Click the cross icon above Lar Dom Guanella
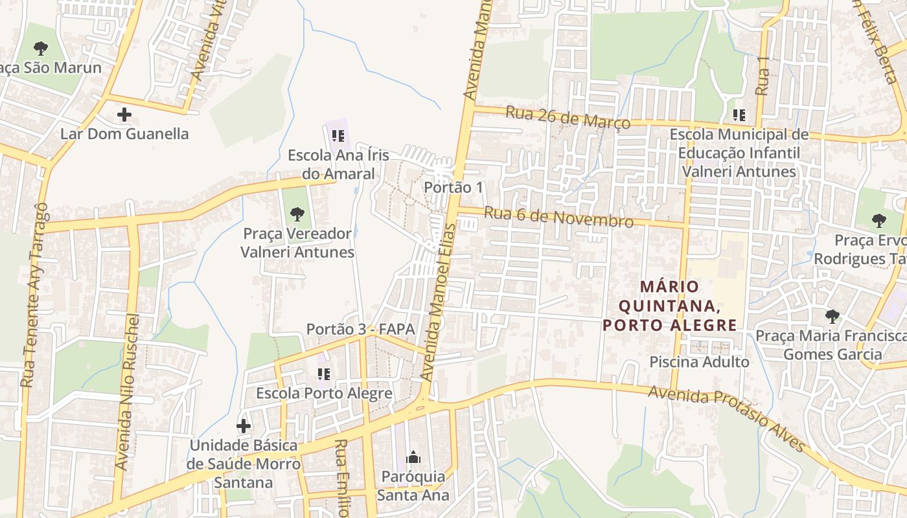click(124, 115)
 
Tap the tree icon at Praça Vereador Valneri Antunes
click(297, 214)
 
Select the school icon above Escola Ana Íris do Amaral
click(338, 136)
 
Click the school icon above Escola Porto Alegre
click(324, 374)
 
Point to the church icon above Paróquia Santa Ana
click(413, 458)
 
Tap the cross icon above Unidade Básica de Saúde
click(244, 426)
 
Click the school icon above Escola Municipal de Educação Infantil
click(739, 115)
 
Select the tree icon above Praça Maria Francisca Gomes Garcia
click(832, 317)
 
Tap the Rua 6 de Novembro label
click(558, 217)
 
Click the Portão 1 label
click(454, 187)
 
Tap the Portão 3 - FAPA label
click(360, 329)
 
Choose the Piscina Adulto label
click(699, 362)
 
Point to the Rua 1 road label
click(763, 76)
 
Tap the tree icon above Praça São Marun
click(41, 48)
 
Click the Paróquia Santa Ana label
click(414, 486)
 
